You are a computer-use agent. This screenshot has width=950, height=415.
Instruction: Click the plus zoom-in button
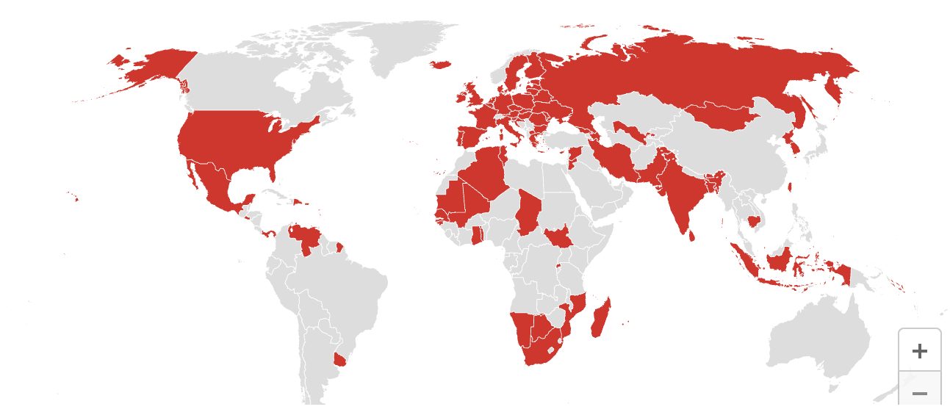pos(919,350)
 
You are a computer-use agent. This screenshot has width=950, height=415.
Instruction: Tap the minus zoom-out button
pos(919,393)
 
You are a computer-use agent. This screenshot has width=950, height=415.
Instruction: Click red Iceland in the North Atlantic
pos(439,65)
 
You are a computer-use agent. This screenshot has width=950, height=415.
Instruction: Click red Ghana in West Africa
pos(477,236)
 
